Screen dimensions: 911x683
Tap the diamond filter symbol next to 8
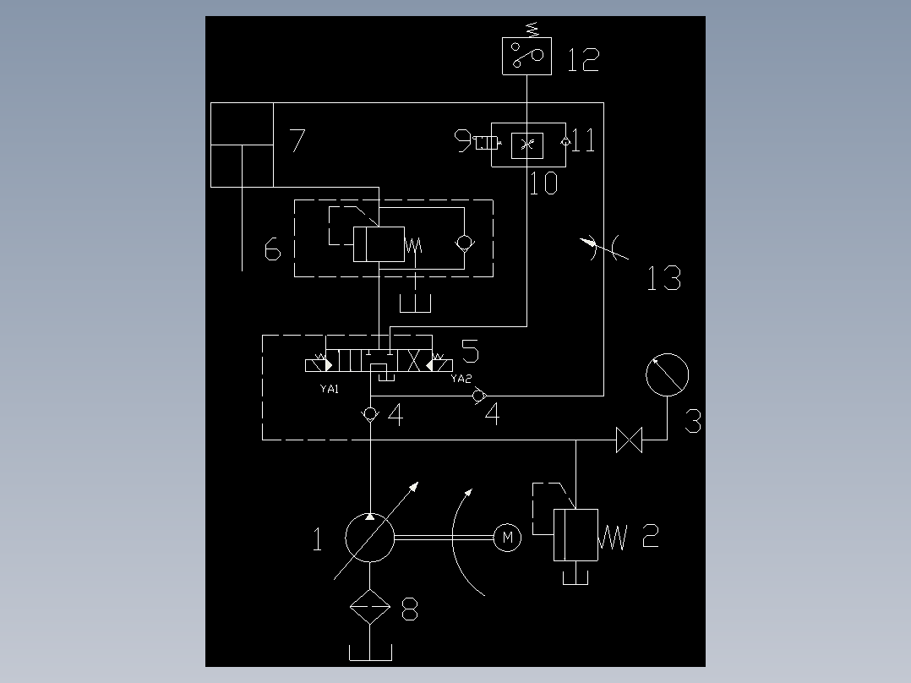(370, 607)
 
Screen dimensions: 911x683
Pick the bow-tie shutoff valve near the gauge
(630, 440)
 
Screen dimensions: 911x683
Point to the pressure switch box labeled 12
(527, 56)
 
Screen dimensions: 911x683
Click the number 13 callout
(664, 278)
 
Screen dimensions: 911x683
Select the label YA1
(330, 389)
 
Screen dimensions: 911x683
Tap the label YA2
(461, 379)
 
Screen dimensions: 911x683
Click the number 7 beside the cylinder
(297, 140)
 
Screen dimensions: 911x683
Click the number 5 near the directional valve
(470, 351)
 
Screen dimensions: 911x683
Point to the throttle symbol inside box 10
(527, 145)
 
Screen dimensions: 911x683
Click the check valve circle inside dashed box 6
(464, 243)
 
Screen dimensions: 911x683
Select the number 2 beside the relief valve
(651, 535)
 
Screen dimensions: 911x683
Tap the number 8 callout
(410, 609)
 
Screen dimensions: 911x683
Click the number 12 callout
(583, 60)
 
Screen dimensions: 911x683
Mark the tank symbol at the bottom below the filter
(370, 653)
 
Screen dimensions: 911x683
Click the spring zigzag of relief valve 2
(613, 537)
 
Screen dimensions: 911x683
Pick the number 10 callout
(543, 183)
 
